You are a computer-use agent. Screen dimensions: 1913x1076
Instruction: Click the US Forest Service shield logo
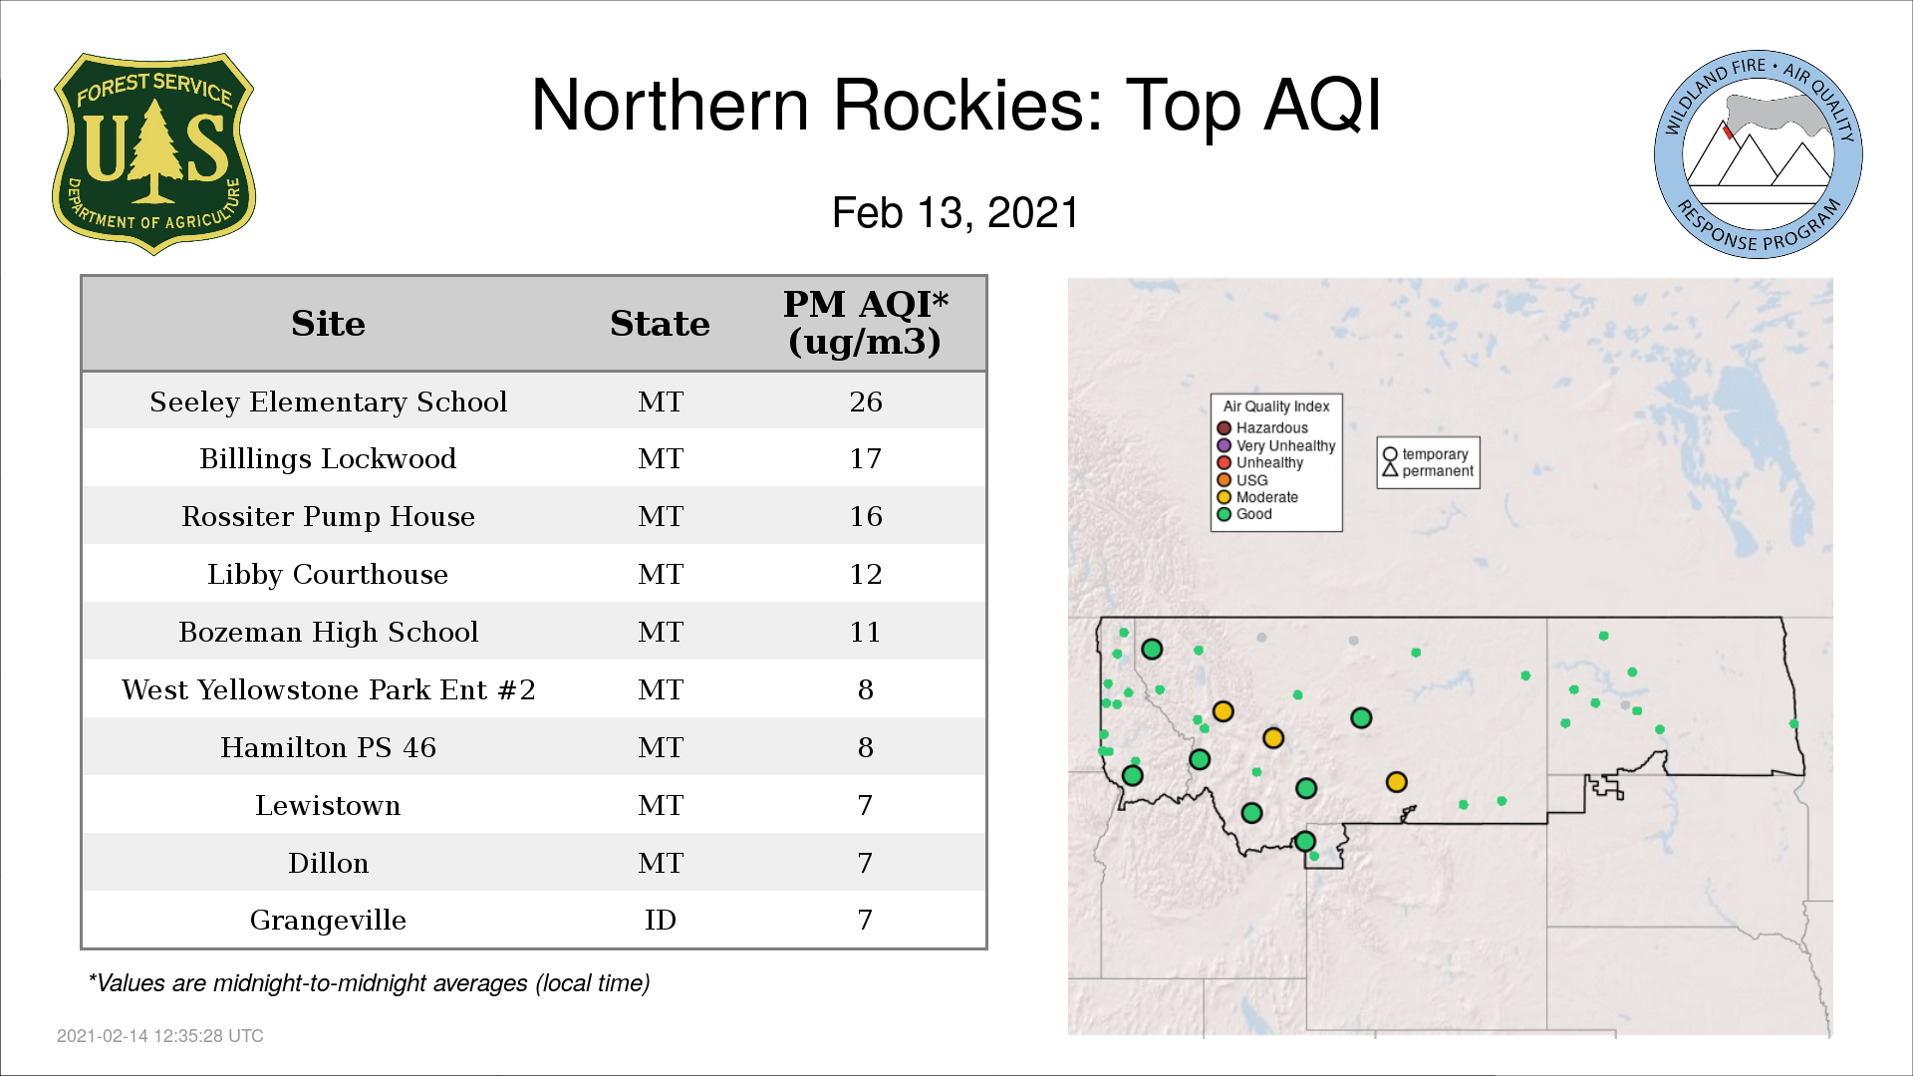[x=153, y=154]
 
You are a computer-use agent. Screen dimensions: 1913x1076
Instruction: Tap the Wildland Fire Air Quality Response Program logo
[x=1758, y=154]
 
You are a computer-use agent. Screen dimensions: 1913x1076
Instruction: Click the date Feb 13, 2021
[x=956, y=213]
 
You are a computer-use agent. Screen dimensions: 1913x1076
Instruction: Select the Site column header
[x=328, y=324]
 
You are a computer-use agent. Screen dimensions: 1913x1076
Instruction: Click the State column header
[x=660, y=324]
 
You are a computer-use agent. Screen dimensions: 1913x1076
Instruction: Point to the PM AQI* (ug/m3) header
[x=865, y=323]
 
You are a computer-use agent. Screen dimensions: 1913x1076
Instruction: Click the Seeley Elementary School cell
[x=328, y=402]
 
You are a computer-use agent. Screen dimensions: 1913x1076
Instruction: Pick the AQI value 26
[x=865, y=402]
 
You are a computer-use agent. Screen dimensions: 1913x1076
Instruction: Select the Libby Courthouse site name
[x=328, y=575]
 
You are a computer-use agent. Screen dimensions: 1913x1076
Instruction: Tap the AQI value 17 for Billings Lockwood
[x=865, y=459]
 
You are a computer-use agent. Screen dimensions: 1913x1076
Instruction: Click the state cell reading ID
[x=660, y=921]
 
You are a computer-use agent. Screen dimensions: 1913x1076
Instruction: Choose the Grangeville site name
[x=328, y=921]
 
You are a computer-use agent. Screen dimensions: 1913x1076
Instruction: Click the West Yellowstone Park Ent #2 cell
[x=328, y=690]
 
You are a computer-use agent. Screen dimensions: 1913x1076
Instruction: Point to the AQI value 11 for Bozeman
[x=865, y=633]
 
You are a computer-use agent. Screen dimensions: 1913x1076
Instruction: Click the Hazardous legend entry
[x=1262, y=428]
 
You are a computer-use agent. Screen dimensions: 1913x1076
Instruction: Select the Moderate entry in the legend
[x=1257, y=497]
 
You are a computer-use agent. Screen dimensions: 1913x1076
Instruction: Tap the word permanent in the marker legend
[x=1437, y=471]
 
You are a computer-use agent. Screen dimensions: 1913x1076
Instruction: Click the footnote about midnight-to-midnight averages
[x=369, y=984]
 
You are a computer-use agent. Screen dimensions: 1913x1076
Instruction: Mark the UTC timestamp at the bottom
[x=160, y=1036]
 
